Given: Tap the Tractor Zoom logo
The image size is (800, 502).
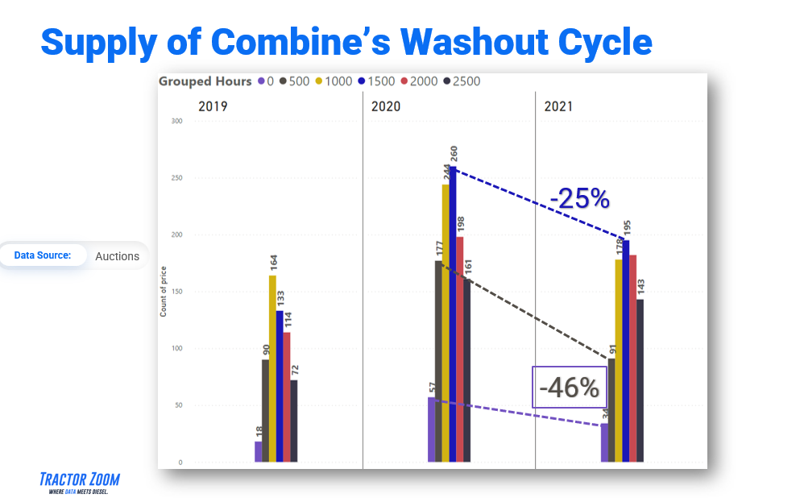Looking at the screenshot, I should tap(79, 483).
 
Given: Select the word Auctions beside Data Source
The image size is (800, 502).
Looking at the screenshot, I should tap(117, 256).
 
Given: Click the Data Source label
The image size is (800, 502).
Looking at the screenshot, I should tap(43, 255).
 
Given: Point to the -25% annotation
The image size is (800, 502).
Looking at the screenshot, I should tap(579, 198).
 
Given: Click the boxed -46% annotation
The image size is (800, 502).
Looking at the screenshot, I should tap(569, 388).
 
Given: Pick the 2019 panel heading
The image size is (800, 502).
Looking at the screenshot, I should tap(213, 106).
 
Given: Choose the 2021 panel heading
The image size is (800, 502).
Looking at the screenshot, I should tap(558, 106).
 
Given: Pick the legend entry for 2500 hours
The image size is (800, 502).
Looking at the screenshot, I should tap(465, 81).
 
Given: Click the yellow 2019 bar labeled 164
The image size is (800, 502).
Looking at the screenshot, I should tap(272, 368).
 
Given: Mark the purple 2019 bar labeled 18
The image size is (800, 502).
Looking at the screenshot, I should tap(259, 451).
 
